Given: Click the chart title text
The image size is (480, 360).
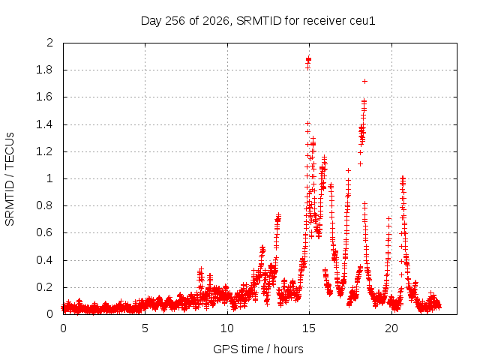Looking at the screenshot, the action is [258, 21].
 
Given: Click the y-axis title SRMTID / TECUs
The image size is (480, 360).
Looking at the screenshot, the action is [10, 179].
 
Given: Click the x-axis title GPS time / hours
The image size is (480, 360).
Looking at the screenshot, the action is [258, 349].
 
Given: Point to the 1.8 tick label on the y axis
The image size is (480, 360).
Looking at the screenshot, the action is [44, 70].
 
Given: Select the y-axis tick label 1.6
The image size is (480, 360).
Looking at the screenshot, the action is [44, 97].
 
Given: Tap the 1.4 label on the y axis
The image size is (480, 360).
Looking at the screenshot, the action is [44, 124].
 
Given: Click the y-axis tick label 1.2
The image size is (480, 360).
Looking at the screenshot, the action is [44, 151].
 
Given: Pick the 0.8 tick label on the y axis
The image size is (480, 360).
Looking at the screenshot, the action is [44, 205].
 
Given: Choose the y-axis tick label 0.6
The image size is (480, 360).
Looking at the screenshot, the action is [44, 232].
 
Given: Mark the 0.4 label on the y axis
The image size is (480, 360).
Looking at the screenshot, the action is [44, 260].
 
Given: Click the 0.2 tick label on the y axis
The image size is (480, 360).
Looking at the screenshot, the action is [44, 287].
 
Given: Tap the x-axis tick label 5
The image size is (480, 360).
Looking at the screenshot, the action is [145, 328].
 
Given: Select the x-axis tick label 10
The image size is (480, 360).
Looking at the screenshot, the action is [227, 328].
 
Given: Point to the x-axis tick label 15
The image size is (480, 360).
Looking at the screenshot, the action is [309, 328].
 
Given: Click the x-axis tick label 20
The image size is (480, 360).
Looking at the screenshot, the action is [391, 328].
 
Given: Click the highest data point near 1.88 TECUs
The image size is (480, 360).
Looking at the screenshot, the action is [308, 59].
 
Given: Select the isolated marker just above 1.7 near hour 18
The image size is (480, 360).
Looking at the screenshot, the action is [364, 82].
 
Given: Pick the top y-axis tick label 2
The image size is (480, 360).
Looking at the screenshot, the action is [50, 43].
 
